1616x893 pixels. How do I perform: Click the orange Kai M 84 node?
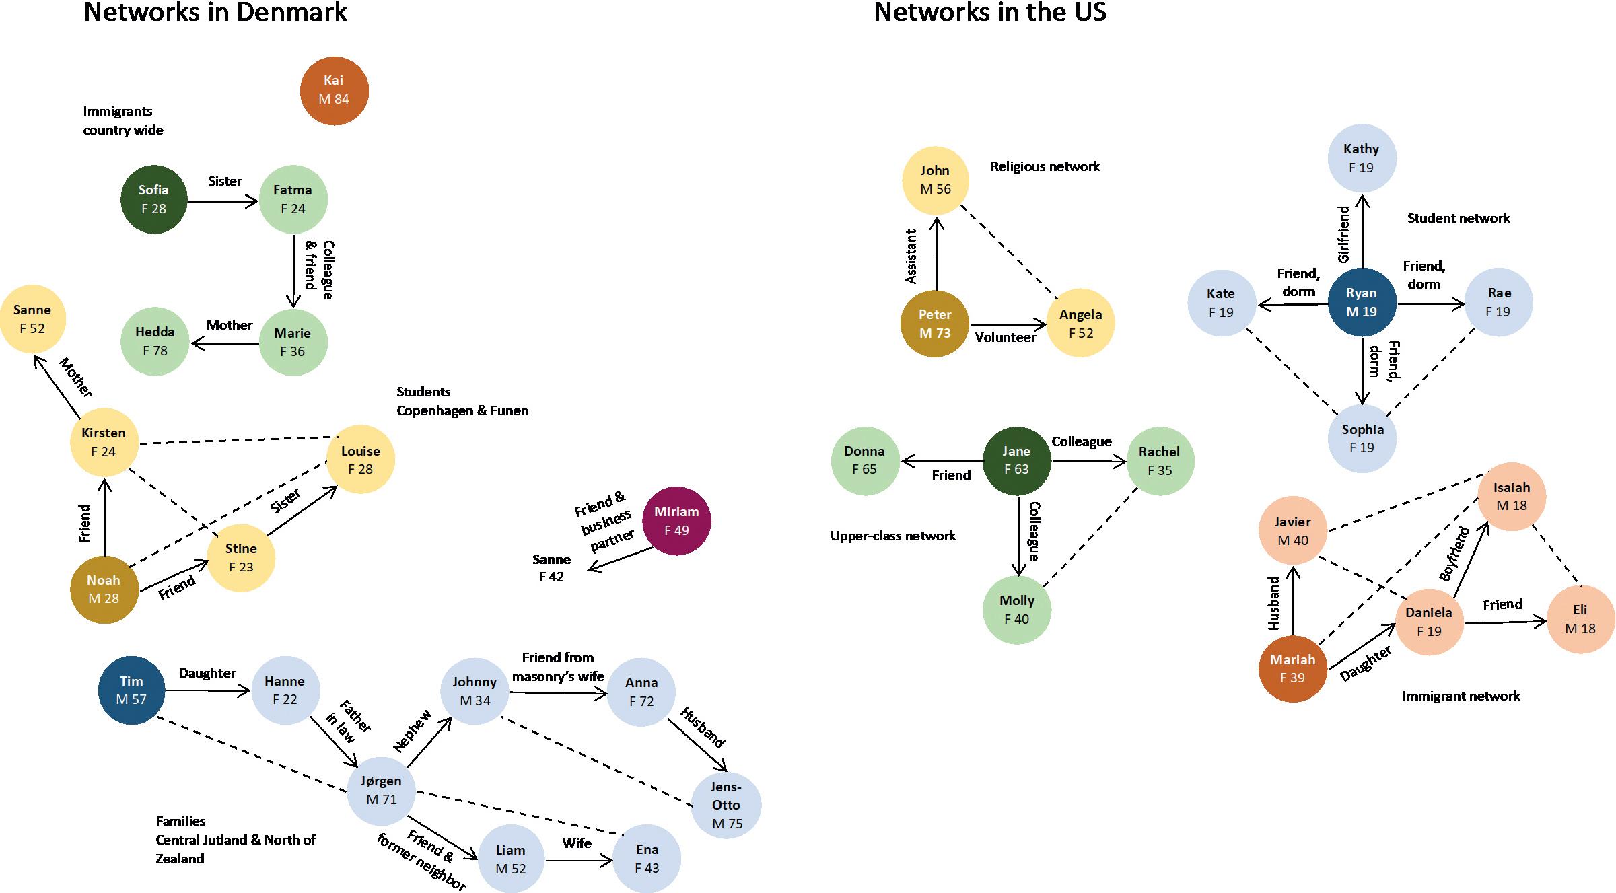(x=334, y=90)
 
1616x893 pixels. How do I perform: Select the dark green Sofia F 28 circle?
(x=154, y=199)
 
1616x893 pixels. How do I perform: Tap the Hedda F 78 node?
(x=155, y=341)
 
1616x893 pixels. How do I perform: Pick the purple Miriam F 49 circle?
(x=676, y=521)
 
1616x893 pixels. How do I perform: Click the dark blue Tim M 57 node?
(x=131, y=690)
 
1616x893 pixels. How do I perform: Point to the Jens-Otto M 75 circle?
(x=726, y=805)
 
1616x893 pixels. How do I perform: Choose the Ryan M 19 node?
(x=1362, y=302)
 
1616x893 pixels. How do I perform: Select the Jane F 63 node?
(x=1016, y=460)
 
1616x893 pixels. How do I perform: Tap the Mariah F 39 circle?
(x=1292, y=669)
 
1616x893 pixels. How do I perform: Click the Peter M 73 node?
(x=935, y=324)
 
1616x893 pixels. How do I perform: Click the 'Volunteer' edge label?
(x=1006, y=338)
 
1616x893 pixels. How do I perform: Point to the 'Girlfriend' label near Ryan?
(x=1344, y=234)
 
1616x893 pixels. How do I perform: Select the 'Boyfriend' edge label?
(x=1454, y=554)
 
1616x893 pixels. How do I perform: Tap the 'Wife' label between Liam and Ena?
(x=577, y=843)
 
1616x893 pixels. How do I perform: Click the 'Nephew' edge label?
(x=411, y=732)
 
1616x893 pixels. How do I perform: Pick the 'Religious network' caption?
(x=1045, y=166)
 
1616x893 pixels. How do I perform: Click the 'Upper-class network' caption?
(x=892, y=536)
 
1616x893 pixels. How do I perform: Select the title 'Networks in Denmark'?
(x=215, y=12)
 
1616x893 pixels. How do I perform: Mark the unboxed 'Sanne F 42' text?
(x=551, y=568)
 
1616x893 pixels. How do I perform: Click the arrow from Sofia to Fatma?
(x=223, y=201)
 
